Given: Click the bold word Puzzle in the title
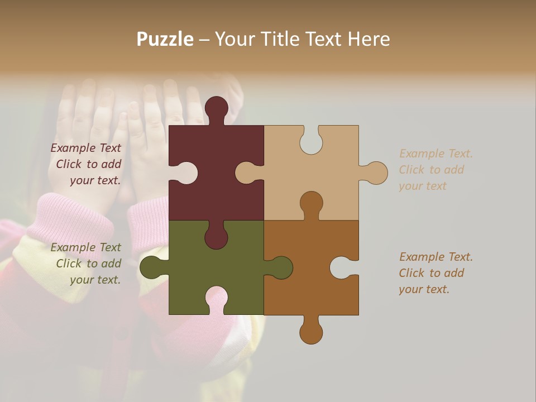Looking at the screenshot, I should [x=165, y=39].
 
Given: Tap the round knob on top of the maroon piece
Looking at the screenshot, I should [x=216, y=107].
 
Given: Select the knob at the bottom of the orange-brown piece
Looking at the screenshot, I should [x=311, y=333].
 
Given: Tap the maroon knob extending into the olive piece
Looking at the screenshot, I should [x=216, y=237].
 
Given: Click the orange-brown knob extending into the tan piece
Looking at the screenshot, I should [x=311, y=202].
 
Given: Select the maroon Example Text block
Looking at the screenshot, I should [x=87, y=164].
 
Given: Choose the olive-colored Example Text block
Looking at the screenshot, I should [x=87, y=264].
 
